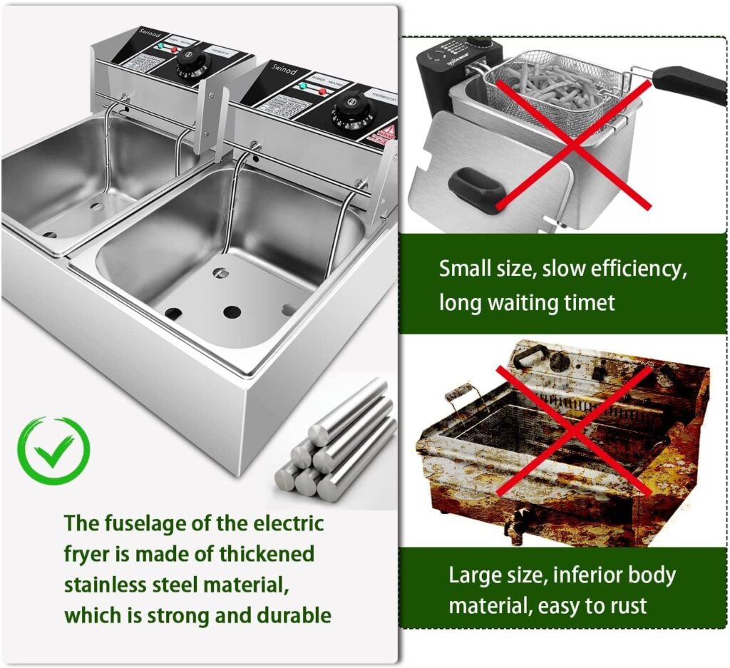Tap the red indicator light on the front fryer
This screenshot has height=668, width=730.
click(322, 91)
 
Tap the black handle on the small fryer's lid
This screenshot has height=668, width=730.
click(476, 187)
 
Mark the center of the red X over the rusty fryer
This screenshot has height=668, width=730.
click(572, 431)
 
